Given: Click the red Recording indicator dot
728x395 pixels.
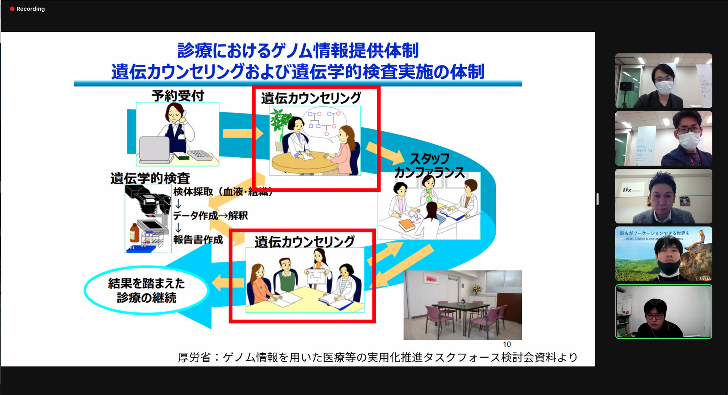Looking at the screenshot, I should coord(12,9).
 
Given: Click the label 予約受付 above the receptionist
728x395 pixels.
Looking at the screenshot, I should coord(178,96).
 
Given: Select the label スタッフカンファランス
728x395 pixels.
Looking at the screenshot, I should coord(429,166).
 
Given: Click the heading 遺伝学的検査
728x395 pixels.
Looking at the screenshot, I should coord(150,178).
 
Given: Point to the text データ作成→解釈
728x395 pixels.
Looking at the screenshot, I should coord(210,216).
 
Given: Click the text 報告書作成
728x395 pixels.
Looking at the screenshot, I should coord(198,239).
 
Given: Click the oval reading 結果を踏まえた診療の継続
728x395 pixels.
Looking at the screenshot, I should coord(146,290).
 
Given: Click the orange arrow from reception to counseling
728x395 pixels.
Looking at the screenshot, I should coord(242,134).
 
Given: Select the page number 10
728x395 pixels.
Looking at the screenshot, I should coord(507,344).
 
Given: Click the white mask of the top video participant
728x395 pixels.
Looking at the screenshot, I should coord(664,88).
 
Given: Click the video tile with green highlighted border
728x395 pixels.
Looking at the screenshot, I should coord(663,311).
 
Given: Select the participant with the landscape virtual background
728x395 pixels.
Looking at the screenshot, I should coord(663,254).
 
